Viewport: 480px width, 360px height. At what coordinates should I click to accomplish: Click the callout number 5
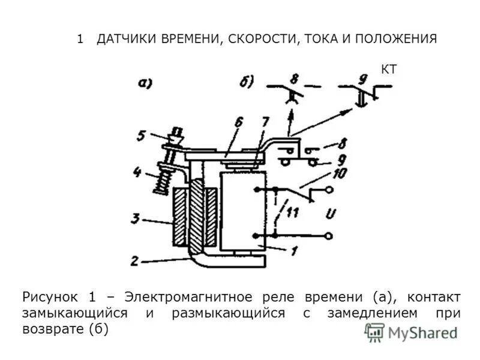[x=140, y=136]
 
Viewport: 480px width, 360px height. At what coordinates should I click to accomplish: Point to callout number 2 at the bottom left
[x=136, y=261]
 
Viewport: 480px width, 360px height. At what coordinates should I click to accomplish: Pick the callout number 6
[x=238, y=122]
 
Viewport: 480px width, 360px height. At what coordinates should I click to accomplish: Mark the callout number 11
[x=293, y=212]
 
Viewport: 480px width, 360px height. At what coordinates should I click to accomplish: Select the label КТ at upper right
[x=389, y=70]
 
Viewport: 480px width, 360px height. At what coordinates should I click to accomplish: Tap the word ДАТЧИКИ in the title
[x=125, y=40]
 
